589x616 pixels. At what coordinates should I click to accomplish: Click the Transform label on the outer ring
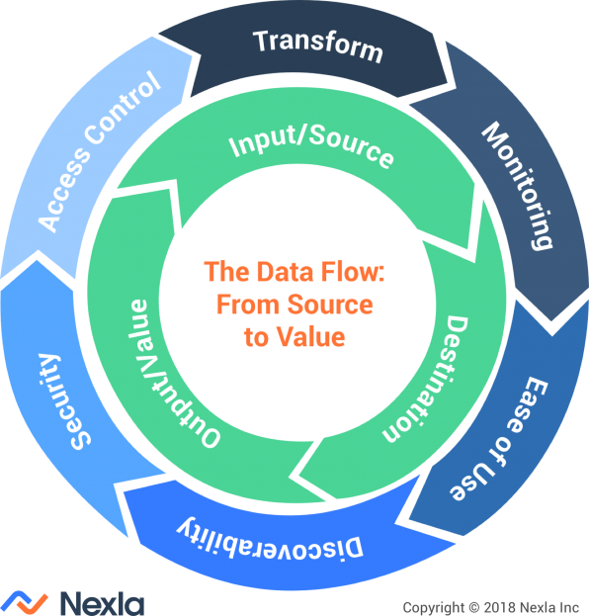pyautogui.click(x=317, y=44)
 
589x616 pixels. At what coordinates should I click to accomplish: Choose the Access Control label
pyautogui.click(x=99, y=154)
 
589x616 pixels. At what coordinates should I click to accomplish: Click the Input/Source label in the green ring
pyautogui.click(x=311, y=148)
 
